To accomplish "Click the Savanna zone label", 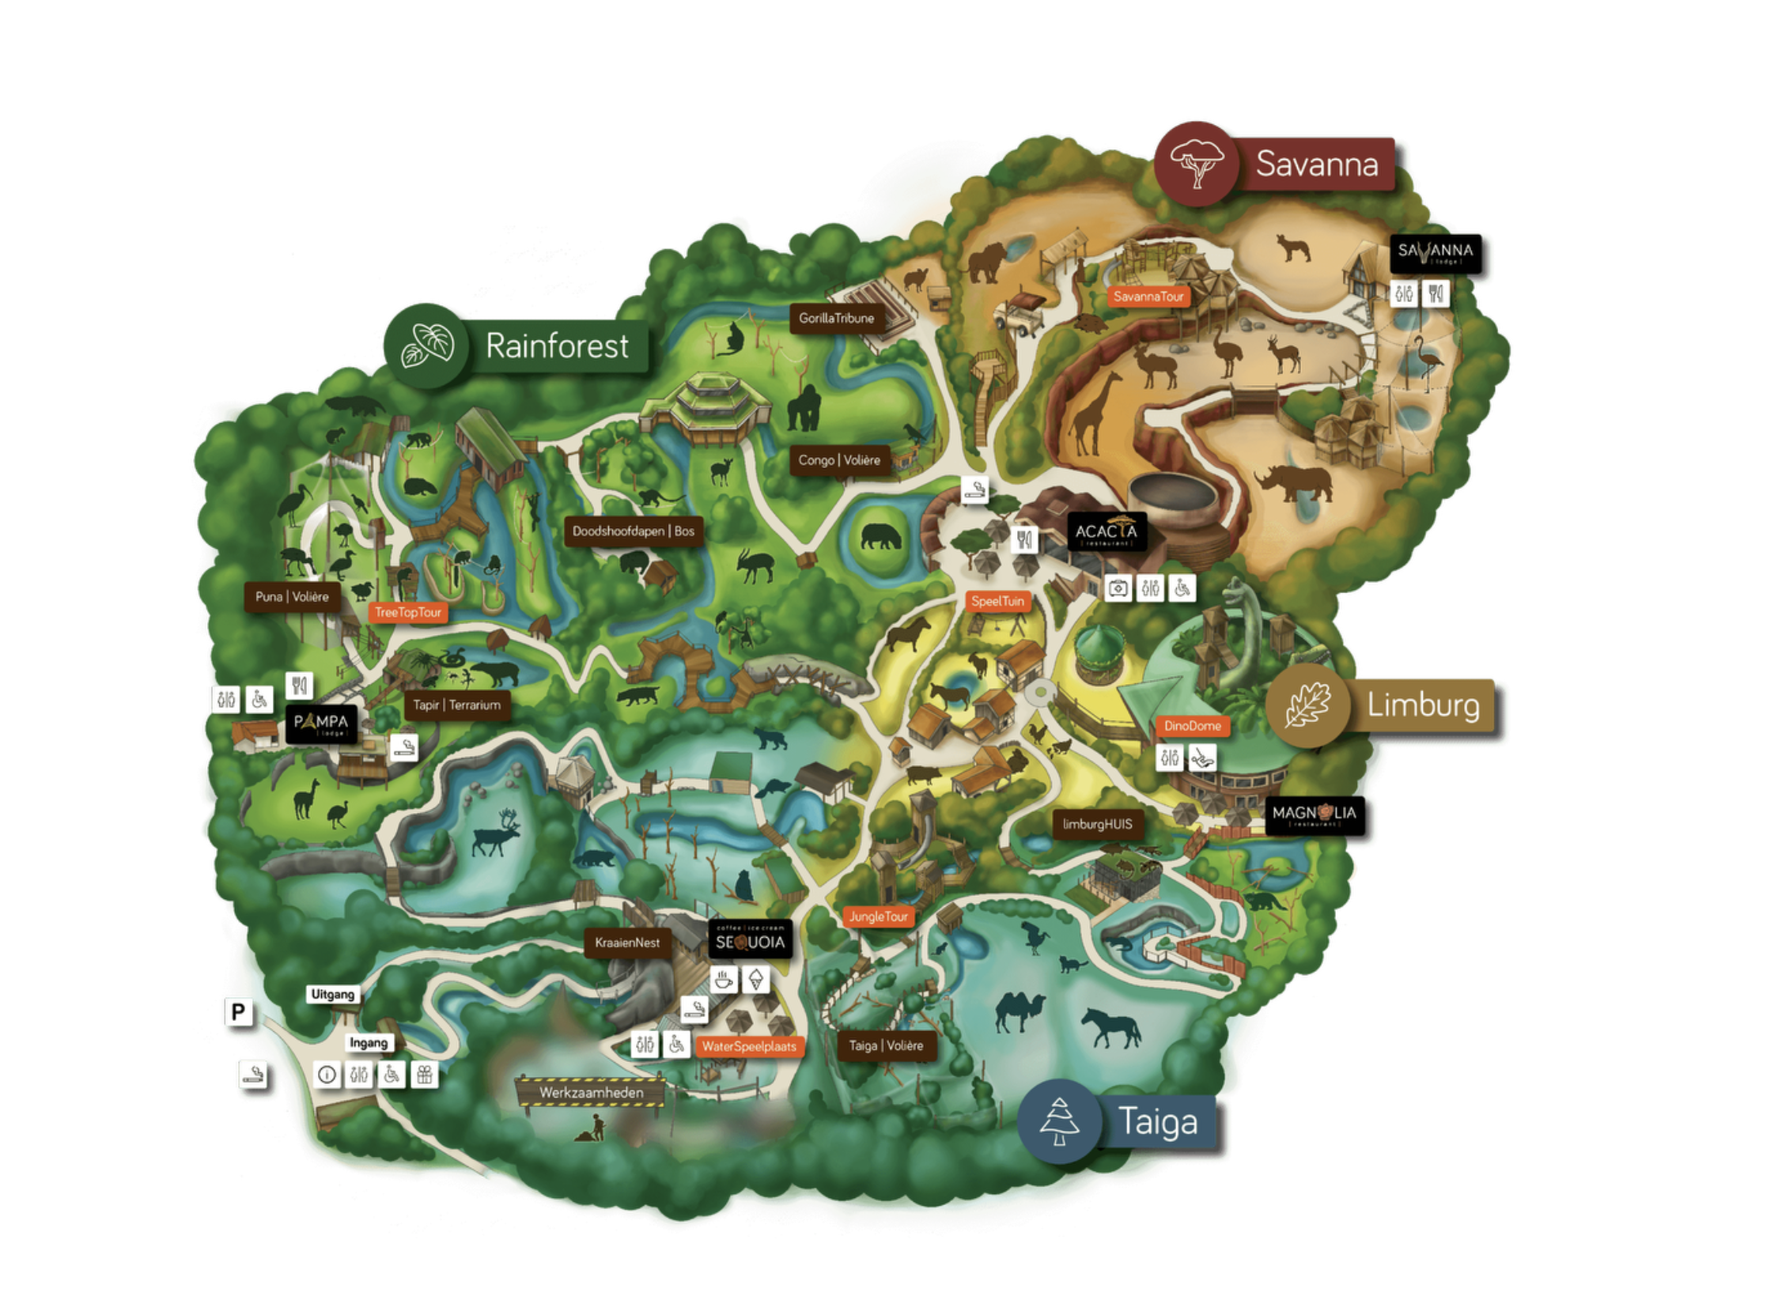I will pos(1315,164).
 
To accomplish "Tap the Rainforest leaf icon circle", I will pos(426,346).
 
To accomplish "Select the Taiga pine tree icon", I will pos(1058,1120).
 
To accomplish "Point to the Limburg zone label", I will pos(1422,705).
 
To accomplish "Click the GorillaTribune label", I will pos(836,318).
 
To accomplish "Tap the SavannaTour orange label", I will pos(1148,297).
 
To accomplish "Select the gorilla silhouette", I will pos(804,408).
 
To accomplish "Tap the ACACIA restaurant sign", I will pos(1105,532).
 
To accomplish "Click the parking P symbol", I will pos(238,1011).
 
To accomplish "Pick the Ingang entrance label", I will pos(369,1043).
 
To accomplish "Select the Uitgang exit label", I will pos(332,994).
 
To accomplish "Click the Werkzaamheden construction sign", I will pos(591,1092).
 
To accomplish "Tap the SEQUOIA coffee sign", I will pos(749,941).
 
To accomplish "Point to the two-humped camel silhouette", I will pos(1020,1011).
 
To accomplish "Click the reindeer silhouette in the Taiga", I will pos(496,833).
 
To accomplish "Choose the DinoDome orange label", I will pos(1192,726).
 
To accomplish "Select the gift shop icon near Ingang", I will pos(424,1075).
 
